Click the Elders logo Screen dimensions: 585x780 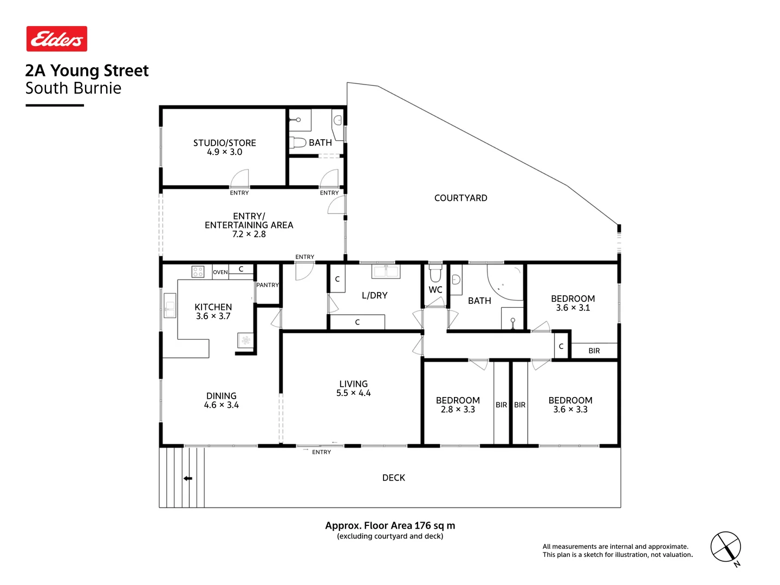pyautogui.click(x=57, y=39)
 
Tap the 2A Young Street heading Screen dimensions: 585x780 pyautogui.click(x=87, y=71)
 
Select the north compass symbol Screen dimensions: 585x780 pyautogui.click(x=726, y=548)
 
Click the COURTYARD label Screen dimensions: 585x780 pyautogui.click(x=460, y=198)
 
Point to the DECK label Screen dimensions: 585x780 pyautogui.click(x=393, y=478)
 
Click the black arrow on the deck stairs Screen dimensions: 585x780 pyautogui.click(x=188, y=478)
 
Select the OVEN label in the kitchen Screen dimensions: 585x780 pyautogui.click(x=220, y=272)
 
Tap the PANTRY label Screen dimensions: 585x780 pyautogui.click(x=268, y=285)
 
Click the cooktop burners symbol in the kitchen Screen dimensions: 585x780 pyautogui.click(x=198, y=272)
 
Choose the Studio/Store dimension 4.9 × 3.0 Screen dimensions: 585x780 pyautogui.click(x=224, y=152)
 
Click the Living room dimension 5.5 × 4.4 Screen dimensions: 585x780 pyautogui.click(x=353, y=393)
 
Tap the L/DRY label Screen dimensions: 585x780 pyautogui.click(x=374, y=296)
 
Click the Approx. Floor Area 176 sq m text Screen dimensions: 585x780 pyautogui.click(x=390, y=525)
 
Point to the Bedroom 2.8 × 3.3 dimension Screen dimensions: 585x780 pyautogui.click(x=458, y=409)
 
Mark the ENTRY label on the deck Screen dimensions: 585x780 pyautogui.click(x=321, y=452)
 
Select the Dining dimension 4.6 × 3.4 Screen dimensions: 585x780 pyautogui.click(x=221, y=405)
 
